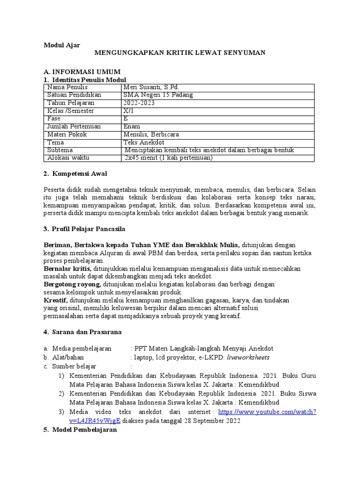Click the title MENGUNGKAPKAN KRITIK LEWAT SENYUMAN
pyautogui.click(x=180, y=53)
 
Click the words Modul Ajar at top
pyautogui.click(x=62, y=45)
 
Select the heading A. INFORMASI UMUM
pyautogui.click(x=82, y=72)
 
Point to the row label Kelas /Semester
pyautogui.click(x=71, y=111)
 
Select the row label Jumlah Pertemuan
pyautogui.click(x=73, y=127)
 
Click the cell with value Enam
pyautogui.click(x=131, y=127)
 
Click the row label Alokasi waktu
pyautogui.click(x=68, y=158)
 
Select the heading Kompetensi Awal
pyautogui.click(x=79, y=174)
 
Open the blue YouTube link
pyautogui.click(x=267, y=412)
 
